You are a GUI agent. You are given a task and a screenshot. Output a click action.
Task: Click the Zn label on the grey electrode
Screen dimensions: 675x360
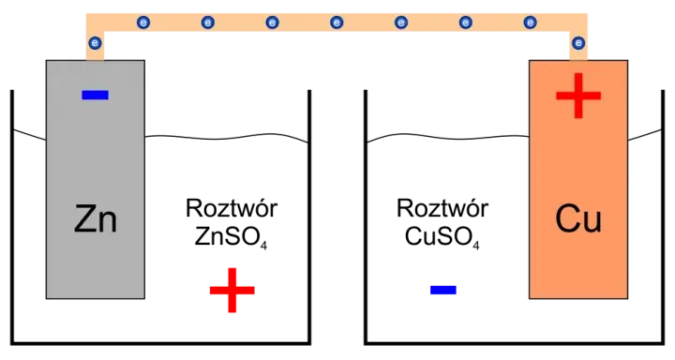pos(95,218)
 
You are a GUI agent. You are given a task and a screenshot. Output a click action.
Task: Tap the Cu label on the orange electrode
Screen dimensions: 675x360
pos(578,218)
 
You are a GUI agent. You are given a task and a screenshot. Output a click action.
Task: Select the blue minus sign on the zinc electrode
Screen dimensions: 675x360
pos(95,95)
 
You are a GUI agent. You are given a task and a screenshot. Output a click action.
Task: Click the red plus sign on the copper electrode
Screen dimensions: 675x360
pos(578,96)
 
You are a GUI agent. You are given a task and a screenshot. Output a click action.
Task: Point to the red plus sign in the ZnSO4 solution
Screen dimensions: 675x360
pos(232,290)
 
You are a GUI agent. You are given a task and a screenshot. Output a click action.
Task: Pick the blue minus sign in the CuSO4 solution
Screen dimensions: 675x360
pos(442,290)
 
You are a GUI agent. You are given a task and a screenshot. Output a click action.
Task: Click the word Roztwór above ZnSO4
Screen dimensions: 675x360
pos(232,208)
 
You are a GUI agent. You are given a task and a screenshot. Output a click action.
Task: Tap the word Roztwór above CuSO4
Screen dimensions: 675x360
pos(442,208)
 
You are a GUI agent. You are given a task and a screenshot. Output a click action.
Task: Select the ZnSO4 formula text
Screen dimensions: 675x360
pos(231,237)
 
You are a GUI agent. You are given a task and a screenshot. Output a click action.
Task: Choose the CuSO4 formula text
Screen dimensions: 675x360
pos(442,237)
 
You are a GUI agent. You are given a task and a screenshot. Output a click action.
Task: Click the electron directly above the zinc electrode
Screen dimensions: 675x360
pos(95,43)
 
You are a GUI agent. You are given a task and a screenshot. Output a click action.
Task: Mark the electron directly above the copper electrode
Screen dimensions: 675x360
pos(578,43)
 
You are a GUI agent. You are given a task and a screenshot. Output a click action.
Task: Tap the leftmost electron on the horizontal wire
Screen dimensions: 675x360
pos(143,22)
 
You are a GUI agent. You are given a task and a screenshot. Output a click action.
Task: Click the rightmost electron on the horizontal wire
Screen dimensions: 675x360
pos(531,22)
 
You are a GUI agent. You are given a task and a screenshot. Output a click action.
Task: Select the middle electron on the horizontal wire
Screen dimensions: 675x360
pos(337,22)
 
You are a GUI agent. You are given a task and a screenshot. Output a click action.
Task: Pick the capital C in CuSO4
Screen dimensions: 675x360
pos(414,236)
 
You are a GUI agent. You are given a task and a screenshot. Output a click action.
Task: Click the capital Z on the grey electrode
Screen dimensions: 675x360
pos(86,218)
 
